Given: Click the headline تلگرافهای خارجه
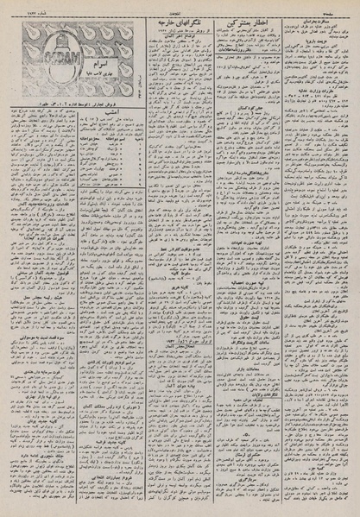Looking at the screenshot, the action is click(x=181, y=17).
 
